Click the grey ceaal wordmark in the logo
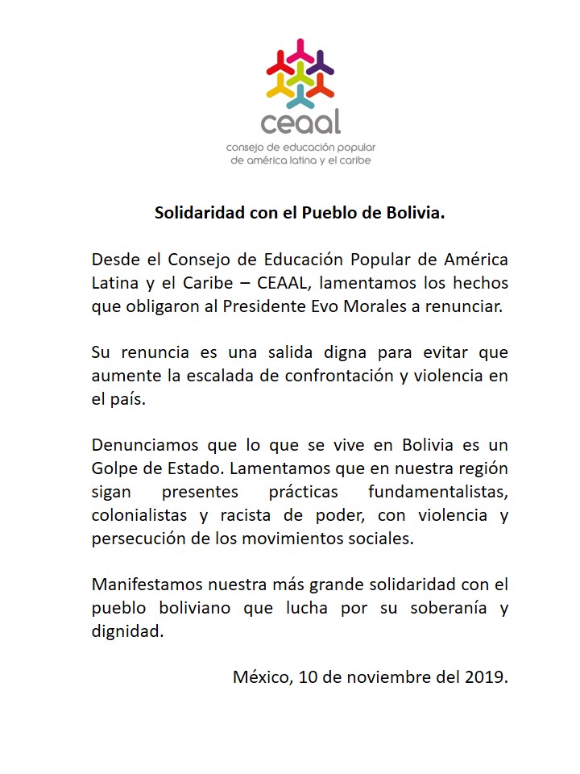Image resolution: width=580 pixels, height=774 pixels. tap(300, 122)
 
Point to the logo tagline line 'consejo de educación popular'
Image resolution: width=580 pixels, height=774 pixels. tap(301, 148)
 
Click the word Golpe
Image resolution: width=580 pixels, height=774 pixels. tap(114, 469)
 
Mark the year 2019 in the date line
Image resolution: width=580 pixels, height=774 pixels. tap(487, 676)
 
